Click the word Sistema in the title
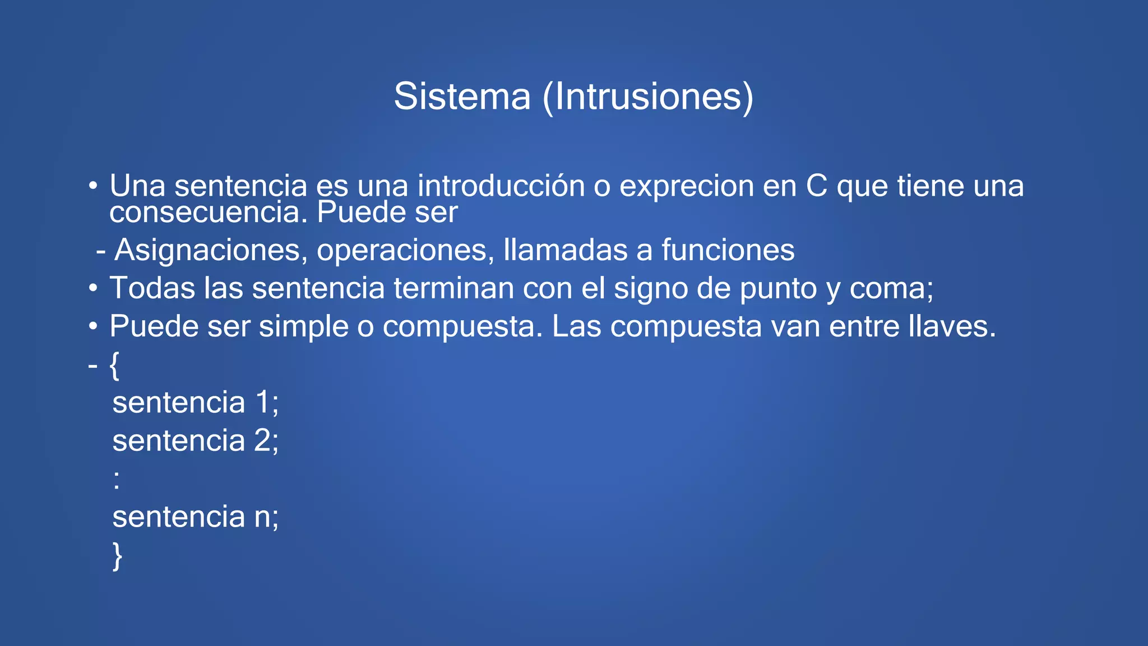click(x=462, y=96)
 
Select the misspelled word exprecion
click(x=687, y=187)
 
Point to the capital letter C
click(x=817, y=186)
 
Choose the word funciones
click(x=728, y=250)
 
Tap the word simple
click(x=303, y=327)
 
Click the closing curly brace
click(x=117, y=556)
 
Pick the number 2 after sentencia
click(x=263, y=440)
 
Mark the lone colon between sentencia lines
click(x=117, y=480)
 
